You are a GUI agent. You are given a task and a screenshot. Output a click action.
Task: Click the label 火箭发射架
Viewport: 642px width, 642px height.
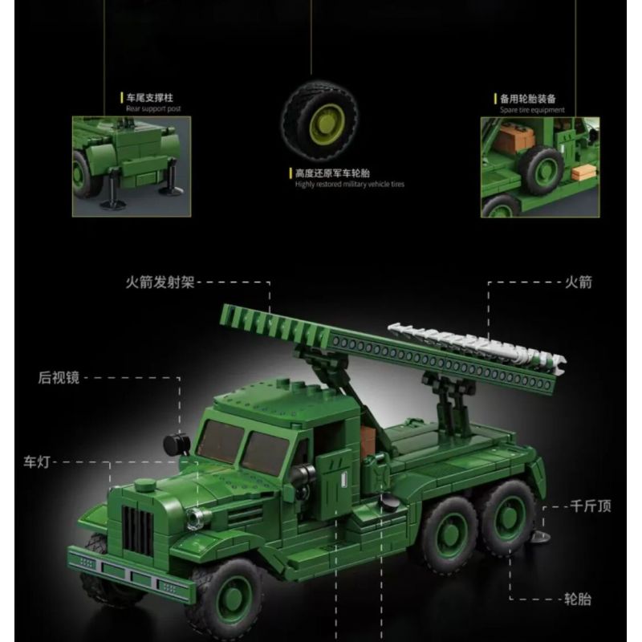pos(160,282)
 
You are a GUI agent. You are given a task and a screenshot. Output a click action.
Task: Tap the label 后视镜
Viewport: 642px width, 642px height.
pos(59,377)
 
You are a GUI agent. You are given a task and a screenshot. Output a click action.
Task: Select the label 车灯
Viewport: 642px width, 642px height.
pos(38,461)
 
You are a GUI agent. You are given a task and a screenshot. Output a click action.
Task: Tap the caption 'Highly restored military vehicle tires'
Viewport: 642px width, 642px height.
pos(349,184)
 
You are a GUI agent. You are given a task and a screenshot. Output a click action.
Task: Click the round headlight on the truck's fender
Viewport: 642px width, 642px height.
pos(197,518)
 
